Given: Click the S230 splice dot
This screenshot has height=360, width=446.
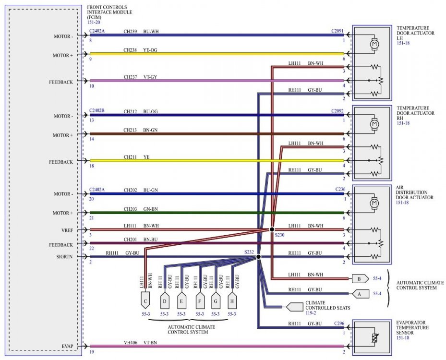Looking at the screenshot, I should pos(272,229).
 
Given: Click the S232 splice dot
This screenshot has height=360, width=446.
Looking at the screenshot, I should pos(258,257).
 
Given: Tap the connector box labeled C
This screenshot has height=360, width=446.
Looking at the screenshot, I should pos(145,301).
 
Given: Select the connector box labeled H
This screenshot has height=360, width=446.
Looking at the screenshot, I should pos(232,301).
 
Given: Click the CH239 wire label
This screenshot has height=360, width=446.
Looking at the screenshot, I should pos(131,32).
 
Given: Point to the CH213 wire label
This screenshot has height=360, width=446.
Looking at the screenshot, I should pos(131,130).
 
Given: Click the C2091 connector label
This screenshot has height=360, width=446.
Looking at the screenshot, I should pos(338,32).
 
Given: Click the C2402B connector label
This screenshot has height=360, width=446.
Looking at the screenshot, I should pos(97,111).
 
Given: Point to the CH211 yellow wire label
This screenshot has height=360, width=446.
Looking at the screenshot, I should pos(131,157).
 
